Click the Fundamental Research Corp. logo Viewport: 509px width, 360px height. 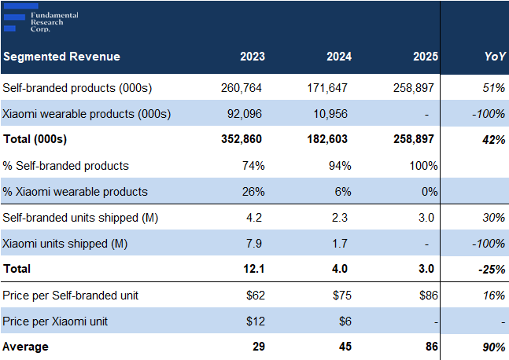tap(39, 20)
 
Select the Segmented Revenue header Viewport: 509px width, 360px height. tap(61, 57)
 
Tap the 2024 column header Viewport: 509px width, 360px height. tap(339, 57)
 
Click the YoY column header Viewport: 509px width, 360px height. tap(495, 57)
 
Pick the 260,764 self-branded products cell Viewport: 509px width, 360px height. tap(244, 88)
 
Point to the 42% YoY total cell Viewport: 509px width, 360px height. tap(493, 139)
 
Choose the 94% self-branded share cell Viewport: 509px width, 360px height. tap(340, 166)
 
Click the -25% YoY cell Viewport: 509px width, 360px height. tap(492, 269)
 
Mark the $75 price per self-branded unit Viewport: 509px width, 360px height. tap(342, 295)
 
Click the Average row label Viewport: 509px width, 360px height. tap(25, 347)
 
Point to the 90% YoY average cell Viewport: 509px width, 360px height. tap(493, 347)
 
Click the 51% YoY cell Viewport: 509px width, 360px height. tap(494, 88)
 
